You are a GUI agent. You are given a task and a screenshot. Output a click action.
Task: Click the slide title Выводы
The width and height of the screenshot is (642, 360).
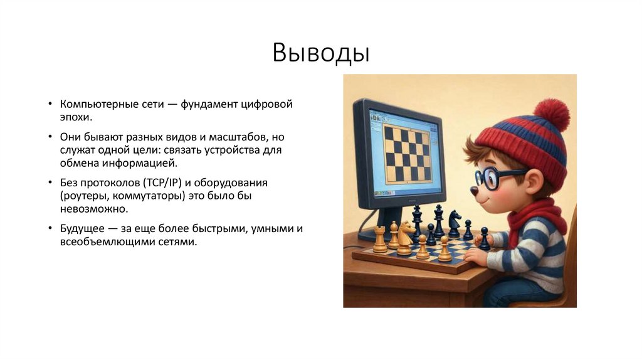321,53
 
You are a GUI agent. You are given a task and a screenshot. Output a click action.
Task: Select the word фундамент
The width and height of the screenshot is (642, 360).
213,103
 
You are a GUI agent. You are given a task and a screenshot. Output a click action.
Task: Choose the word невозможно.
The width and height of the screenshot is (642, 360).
94,209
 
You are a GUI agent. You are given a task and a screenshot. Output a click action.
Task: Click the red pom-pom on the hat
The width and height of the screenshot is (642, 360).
551,114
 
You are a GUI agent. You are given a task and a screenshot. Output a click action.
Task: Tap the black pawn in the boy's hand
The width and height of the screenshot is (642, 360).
484,239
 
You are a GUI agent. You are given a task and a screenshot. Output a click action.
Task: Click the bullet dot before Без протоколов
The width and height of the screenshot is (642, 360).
50,183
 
